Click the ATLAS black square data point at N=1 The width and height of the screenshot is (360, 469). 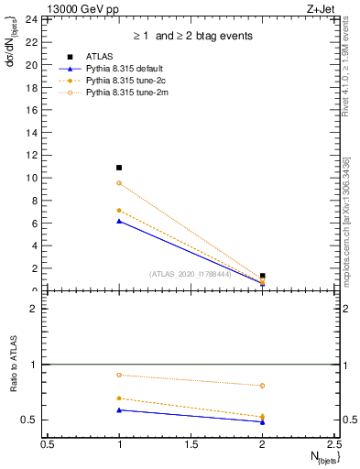[119, 168]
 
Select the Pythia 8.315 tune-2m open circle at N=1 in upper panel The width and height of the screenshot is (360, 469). [119, 183]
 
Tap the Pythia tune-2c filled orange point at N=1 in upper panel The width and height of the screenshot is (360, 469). [119, 211]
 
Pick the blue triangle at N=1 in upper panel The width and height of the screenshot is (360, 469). [119, 221]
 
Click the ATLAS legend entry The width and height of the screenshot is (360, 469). [100, 57]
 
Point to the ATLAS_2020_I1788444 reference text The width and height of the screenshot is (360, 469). [191, 273]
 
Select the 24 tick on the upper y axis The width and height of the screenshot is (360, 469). [32, 19]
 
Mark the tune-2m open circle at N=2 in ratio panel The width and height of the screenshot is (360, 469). [262, 386]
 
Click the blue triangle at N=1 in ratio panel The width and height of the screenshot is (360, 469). [119, 409]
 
